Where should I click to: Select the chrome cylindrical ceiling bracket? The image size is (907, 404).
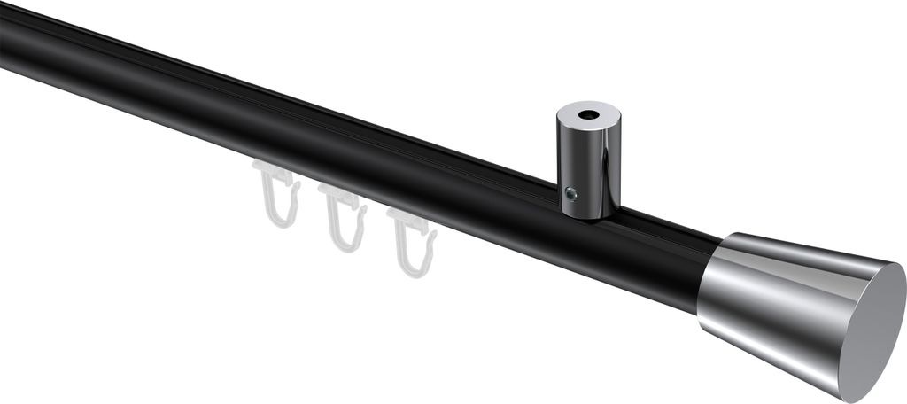[x=589, y=164]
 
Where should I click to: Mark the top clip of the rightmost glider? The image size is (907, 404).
[x=411, y=221]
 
